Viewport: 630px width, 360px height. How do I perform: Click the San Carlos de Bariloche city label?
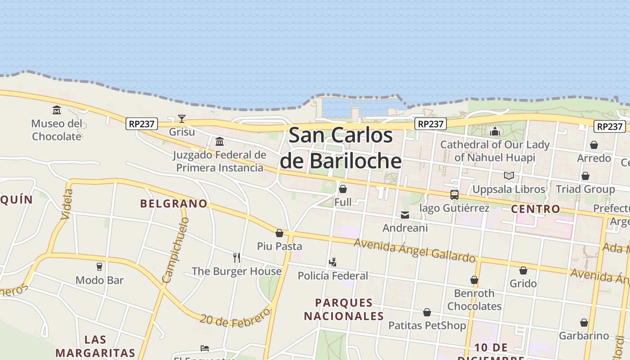341,148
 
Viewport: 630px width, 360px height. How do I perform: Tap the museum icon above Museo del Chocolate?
57,110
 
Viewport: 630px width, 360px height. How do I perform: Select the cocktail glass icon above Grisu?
182,119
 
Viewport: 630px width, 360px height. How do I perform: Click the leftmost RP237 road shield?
142,124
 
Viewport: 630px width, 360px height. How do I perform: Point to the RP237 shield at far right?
609,126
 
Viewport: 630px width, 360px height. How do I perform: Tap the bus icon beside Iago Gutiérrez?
454,195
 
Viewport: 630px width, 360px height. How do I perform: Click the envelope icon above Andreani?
405,215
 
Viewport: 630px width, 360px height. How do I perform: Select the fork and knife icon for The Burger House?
237,258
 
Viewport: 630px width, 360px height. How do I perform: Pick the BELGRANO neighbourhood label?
174,203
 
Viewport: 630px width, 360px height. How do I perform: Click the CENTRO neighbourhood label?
535,209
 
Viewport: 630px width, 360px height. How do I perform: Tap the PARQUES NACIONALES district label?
344,309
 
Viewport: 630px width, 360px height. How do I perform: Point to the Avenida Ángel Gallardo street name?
414,250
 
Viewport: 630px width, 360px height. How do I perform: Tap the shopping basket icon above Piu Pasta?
279,233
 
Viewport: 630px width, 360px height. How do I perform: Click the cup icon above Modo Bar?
99,267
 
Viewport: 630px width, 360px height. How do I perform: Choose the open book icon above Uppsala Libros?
509,176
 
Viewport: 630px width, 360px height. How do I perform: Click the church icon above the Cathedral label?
495,131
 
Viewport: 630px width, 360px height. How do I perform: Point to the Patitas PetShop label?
427,325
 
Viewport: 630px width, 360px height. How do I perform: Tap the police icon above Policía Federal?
333,262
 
